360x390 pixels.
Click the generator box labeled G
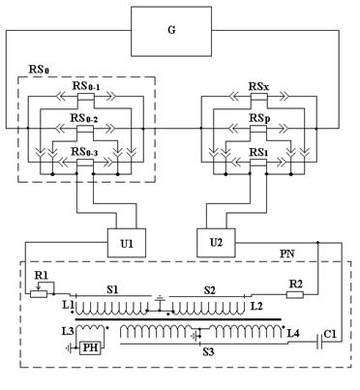coord(171,31)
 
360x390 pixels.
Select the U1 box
coord(126,243)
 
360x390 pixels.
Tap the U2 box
coord(216,243)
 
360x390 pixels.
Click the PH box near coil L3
coord(90,348)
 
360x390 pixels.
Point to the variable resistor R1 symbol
coord(39,293)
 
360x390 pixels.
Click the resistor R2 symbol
coord(295,294)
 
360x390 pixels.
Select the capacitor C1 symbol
coord(319,342)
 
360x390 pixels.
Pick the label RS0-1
coord(85,86)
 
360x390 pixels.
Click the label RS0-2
coord(84,118)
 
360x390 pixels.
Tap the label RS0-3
coord(84,151)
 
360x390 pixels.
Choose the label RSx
coord(259,86)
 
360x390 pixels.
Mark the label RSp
coord(259,118)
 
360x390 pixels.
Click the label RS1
coord(258,152)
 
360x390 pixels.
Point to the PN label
coord(286,254)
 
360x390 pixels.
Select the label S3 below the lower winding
coord(208,352)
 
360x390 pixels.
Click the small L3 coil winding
coord(90,329)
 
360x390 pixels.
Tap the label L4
coord(292,333)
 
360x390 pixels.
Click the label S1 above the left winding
coord(112,289)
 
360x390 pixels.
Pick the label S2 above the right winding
coord(209,290)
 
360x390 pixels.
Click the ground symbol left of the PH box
coord(70,348)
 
